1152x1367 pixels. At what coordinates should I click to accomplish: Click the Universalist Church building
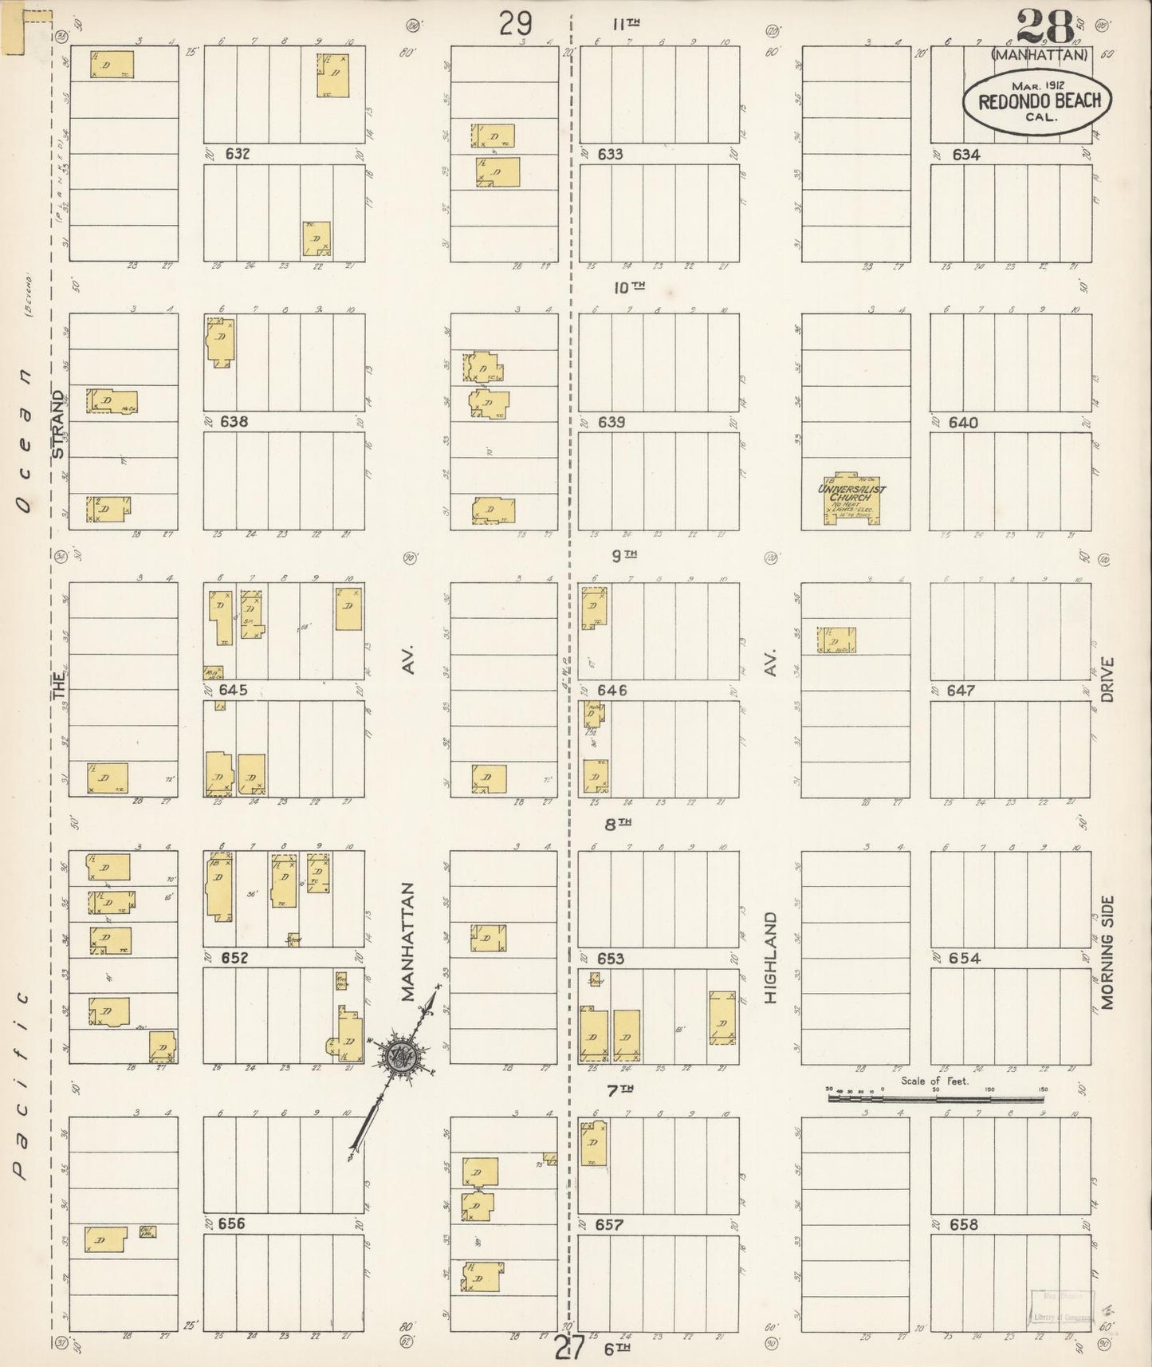point(852,500)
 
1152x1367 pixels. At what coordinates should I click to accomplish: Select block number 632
point(237,154)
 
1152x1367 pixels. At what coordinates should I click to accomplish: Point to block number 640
point(963,423)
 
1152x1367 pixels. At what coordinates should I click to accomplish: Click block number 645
point(234,690)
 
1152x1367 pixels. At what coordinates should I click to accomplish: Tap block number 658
point(963,1224)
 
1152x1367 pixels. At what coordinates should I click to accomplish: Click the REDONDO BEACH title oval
point(1039,101)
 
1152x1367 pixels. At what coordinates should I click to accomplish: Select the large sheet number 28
point(1045,28)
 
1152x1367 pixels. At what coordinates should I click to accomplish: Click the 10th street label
point(628,287)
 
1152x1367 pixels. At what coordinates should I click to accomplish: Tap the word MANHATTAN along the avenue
point(409,941)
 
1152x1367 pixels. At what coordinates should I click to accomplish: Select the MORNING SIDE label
point(1107,952)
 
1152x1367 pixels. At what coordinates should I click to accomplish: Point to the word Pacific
point(22,1085)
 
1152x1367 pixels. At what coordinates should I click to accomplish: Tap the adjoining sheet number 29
point(516,24)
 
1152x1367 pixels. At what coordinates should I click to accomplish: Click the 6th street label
point(617,1349)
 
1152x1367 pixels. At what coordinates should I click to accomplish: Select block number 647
point(961,691)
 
